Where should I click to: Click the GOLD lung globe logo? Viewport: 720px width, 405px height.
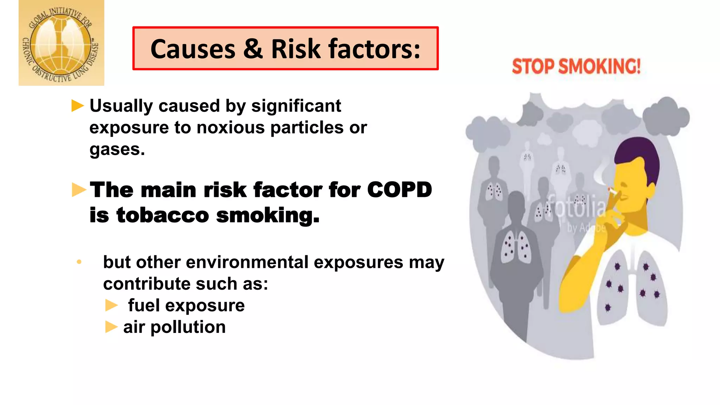tap(61, 43)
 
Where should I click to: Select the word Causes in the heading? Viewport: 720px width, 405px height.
tap(193, 49)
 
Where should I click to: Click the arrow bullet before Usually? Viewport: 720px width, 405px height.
tap(77, 105)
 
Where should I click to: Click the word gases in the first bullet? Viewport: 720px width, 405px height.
tap(115, 149)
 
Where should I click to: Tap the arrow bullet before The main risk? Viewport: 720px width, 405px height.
tap(79, 190)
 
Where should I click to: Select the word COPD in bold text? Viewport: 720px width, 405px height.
tap(399, 190)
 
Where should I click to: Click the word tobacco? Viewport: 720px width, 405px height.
tap(163, 215)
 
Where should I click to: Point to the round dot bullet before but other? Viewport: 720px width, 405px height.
tap(79, 262)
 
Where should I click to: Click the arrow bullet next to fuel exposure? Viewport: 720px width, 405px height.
tap(111, 305)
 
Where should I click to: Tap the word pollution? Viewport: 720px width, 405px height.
tap(188, 327)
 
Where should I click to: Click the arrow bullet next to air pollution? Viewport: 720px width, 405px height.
tap(111, 327)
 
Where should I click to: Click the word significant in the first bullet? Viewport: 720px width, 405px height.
tap(296, 106)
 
